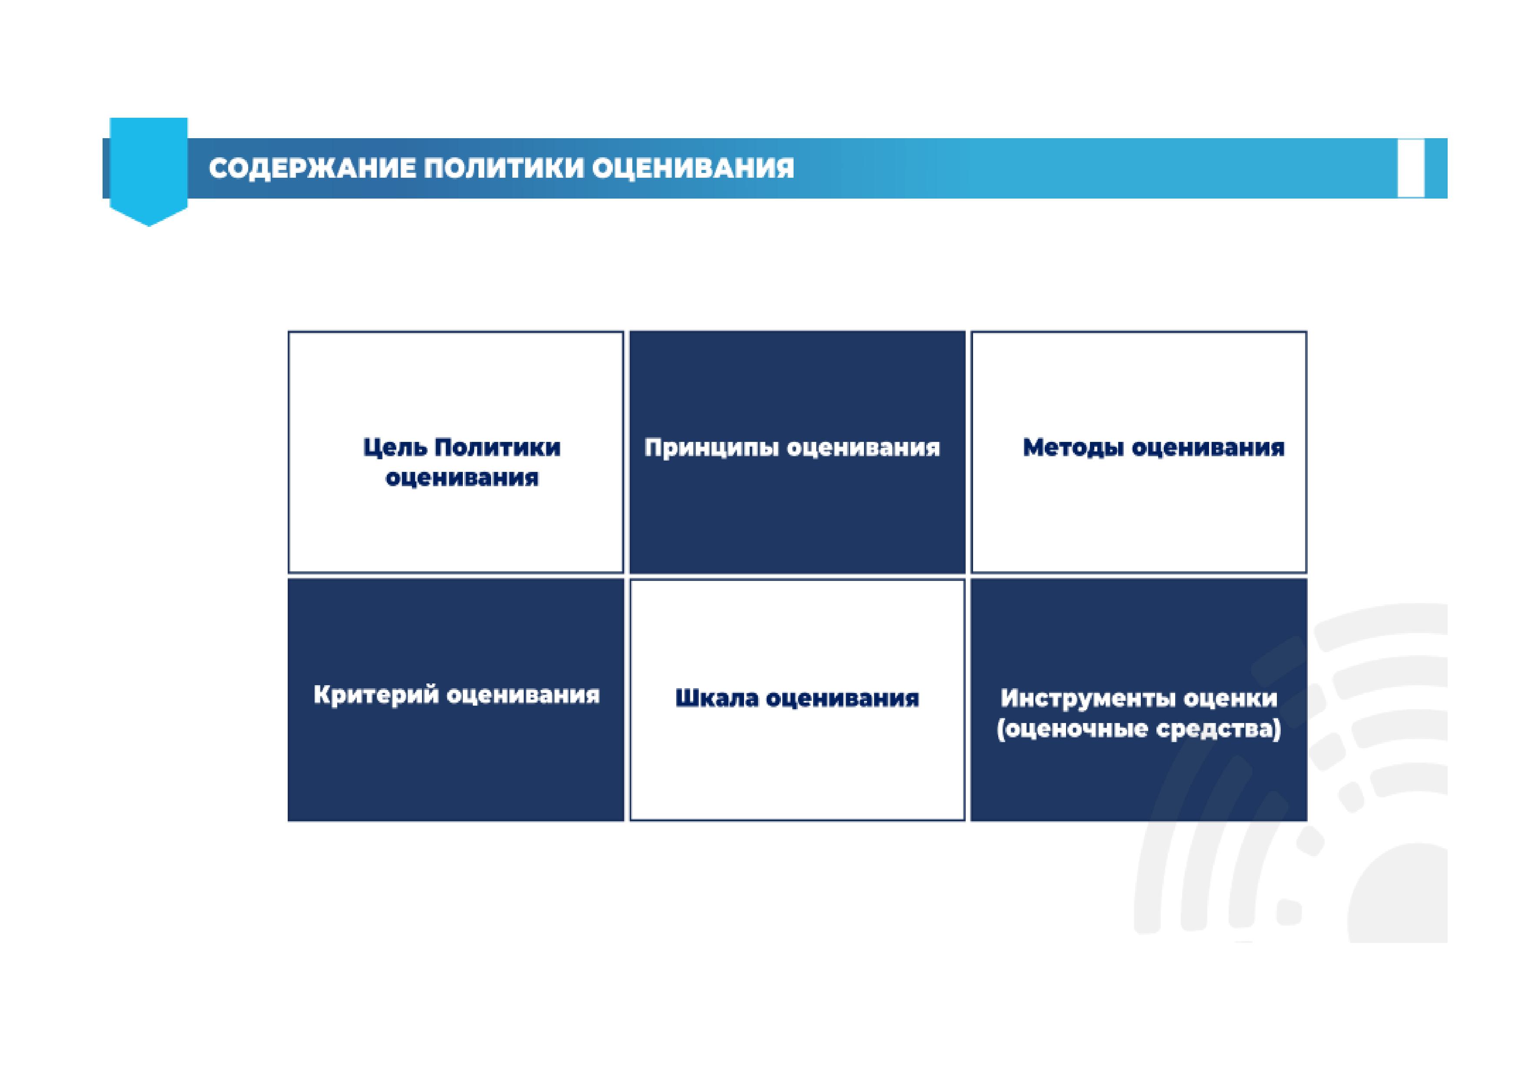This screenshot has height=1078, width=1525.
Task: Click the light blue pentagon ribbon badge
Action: [x=148, y=171]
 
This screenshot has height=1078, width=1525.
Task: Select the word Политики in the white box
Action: [x=498, y=447]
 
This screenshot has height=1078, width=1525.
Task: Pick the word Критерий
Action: [x=375, y=695]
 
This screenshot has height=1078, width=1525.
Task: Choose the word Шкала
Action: [x=717, y=699]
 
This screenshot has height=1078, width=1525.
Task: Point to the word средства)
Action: [x=1218, y=729]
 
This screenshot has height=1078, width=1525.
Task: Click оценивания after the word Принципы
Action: [x=864, y=448]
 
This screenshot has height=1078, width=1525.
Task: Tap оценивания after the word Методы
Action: [x=1208, y=448]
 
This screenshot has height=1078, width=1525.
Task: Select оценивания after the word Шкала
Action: [x=843, y=699]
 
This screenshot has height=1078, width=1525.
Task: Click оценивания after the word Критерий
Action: [x=523, y=695]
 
